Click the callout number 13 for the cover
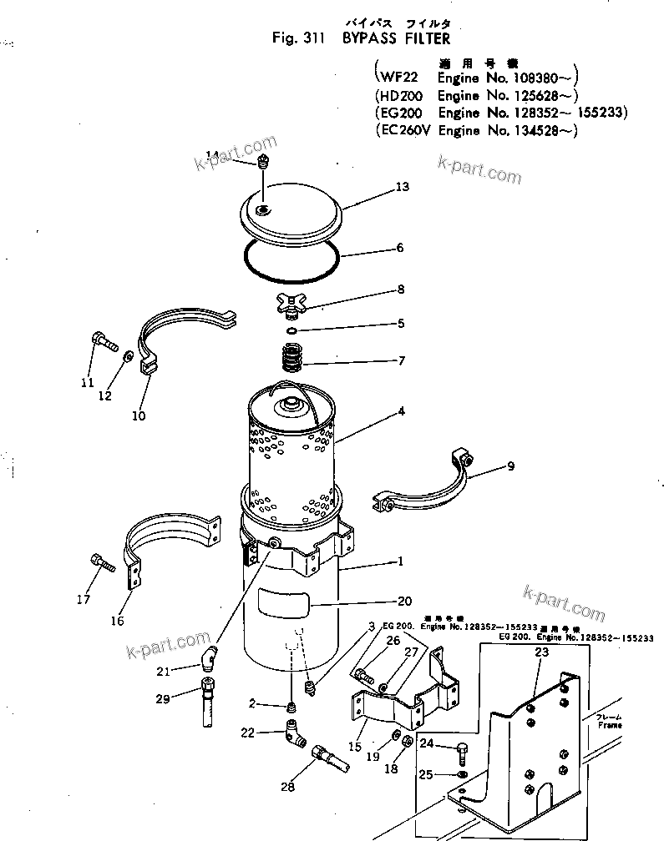[402, 188]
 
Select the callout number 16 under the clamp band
[117, 621]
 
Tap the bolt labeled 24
[461, 753]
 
